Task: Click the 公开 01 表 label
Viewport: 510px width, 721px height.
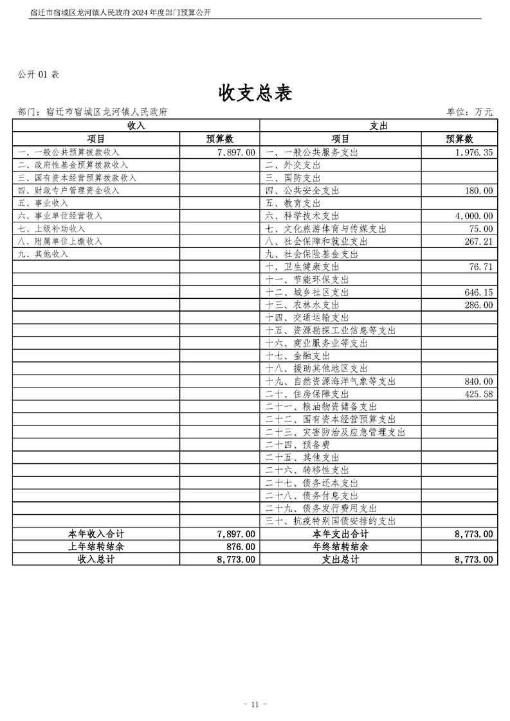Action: pyautogui.click(x=39, y=75)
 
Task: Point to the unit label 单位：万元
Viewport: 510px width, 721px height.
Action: pyautogui.click(x=469, y=112)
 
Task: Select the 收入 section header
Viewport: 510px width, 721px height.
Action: pyautogui.click(x=136, y=125)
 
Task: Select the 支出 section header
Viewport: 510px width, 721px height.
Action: pyautogui.click(x=378, y=125)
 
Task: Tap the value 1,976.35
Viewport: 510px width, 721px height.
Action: pyautogui.click(x=473, y=152)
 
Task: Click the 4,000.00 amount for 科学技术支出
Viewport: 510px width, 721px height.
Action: pyautogui.click(x=473, y=216)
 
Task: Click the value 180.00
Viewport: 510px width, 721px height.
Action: pyautogui.click(x=479, y=190)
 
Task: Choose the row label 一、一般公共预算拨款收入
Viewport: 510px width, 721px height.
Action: pyautogui.click(x=69, y=152)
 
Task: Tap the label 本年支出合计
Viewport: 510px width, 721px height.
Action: pyautogui.click(x=340, y=534)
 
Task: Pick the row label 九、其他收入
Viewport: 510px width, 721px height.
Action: pyautogui.click(x=43, y=254)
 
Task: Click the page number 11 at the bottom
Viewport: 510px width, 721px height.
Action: pyautogui.click(x=255, y=704)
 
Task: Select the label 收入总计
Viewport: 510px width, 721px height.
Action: pyautogui.click(x=96, y=560)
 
